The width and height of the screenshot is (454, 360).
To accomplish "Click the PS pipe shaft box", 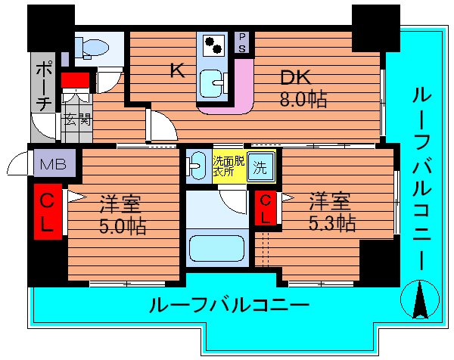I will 243,41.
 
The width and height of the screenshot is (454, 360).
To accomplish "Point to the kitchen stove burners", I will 213,44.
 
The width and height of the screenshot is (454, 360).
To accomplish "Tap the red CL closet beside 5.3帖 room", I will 266,208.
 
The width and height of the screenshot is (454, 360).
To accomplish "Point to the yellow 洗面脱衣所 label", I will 228,166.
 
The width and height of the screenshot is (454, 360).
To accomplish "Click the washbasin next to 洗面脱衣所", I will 196,165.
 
